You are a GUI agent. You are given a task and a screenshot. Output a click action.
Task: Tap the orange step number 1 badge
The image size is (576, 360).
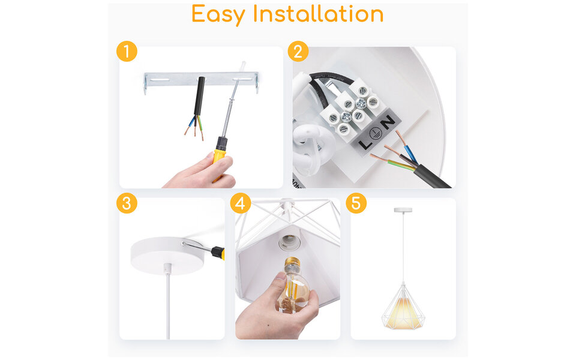[x=127, y=51]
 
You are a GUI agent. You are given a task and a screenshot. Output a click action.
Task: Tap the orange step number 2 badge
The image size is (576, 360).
[x=298, y=51]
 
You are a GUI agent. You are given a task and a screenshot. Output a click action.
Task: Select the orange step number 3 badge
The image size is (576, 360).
[x=127, y=203]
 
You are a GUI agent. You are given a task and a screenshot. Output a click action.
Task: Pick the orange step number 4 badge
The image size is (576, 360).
[x=240, y=203]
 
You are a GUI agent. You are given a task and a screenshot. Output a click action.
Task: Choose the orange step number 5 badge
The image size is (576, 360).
[x=356, y=203]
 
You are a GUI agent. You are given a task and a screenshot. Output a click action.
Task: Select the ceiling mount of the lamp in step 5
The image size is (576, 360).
[x=403, y=210]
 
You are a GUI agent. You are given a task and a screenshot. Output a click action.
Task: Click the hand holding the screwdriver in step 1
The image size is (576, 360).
[x=198, y=174]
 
